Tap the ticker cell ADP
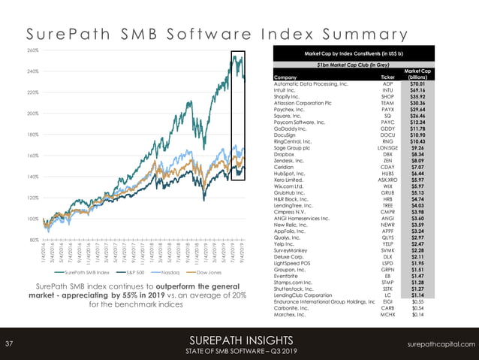tap(387, 84)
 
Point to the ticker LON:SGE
tap(387, 148)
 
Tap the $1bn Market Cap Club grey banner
tap(356, 65)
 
